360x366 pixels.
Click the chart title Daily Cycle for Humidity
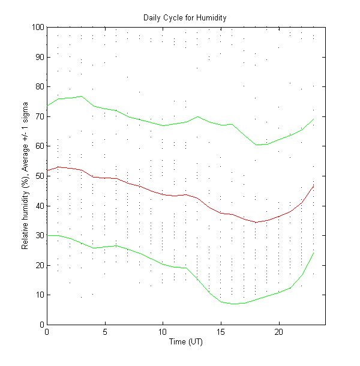coord(185,17)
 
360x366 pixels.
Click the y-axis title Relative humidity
coord(26,176)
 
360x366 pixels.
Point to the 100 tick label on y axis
coord(37,27)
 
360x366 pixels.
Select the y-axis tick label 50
coord(39,176)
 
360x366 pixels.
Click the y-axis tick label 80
coord(39,86)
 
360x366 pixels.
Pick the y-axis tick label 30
coord(39,235)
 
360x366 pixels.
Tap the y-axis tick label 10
coord(39,295)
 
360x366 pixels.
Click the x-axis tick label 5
coord(105,332)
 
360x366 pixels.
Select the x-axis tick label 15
coord(221,332)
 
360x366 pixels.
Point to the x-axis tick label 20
coord(279,332)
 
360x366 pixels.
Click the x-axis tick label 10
coord(163,332)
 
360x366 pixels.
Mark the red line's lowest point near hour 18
coord(256,222)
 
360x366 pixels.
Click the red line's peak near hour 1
coord(58,167)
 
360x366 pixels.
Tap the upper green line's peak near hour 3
coord(82,96)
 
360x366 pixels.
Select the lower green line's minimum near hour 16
coord(233,304)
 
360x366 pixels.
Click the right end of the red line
coord(314,186)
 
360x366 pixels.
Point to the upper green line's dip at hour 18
coord(256,145)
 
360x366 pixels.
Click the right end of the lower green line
coord(314,252)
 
